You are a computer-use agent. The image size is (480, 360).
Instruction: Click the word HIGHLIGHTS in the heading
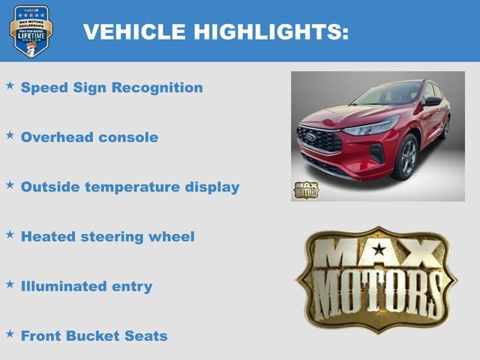pos(271,31)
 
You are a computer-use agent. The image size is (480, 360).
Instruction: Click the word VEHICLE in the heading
pos(133,31)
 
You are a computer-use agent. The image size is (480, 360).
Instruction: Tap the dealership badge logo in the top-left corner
pos(31,31)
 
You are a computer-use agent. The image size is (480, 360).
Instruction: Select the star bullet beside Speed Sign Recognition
pos(10,86)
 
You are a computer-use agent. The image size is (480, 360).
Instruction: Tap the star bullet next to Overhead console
pos(10,136)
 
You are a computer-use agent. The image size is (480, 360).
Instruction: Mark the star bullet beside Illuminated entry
pos(10,284)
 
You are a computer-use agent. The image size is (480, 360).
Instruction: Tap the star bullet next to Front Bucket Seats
pos(10,334)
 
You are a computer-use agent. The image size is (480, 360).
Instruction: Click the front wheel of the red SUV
pos(406,157)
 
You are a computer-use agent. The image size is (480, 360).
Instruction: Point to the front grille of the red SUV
pos(319,139)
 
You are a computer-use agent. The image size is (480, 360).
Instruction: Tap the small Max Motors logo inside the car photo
pos(305,189)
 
